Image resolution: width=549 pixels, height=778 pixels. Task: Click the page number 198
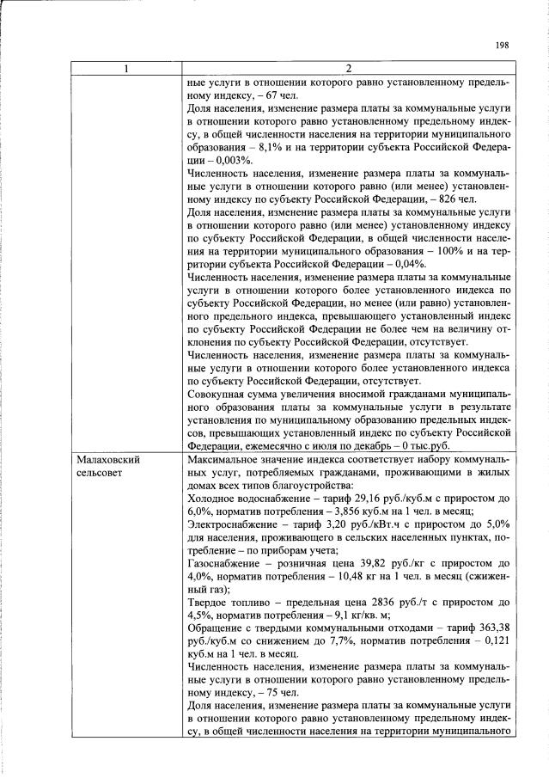pyautogui.click(x=503, y=46)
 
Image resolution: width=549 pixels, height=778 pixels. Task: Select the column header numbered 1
pyautogui.click(x=125, y=70)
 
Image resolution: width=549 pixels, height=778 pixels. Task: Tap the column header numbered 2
pyautogui.click(x=349, y=70)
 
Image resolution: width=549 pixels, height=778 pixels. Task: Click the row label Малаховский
pyautogui.click(x=108, y=460)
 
